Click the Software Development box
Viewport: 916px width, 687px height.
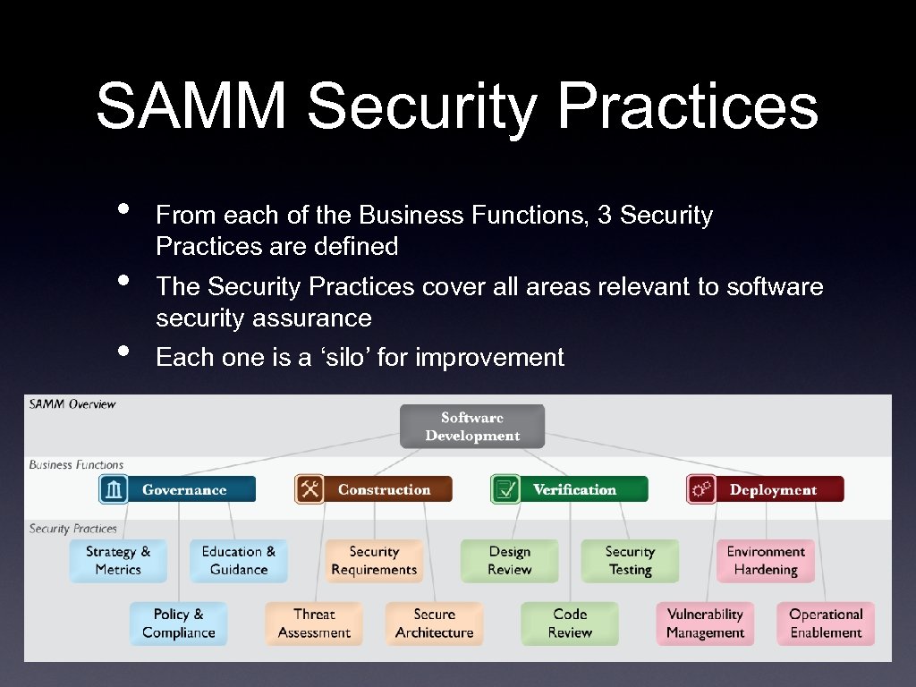point(471,427)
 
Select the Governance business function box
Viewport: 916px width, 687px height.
point(177,489)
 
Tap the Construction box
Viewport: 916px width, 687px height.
point(373,489)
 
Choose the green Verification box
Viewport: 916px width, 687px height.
point(569,489)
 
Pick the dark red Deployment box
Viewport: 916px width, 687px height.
point(765,489)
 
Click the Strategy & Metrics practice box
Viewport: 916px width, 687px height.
point(118,561)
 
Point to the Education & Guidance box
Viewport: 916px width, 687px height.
point(239,561)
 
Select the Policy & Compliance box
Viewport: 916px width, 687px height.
point(178,623)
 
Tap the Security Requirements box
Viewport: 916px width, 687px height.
point(374,561)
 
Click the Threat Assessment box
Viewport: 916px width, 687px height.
point(314,623)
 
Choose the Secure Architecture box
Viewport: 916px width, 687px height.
point(435,623)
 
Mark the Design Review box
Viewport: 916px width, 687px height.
point(510,561)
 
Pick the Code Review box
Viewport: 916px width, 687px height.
point(570,623)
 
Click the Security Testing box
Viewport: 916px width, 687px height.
point(630,561)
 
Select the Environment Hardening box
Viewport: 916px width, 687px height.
point(766,561)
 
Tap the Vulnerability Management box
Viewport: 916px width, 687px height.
point(705,623)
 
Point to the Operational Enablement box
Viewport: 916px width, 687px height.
point(826,623)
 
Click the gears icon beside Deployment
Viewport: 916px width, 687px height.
point(701,489)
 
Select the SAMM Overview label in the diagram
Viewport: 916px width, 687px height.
point(72,404)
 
